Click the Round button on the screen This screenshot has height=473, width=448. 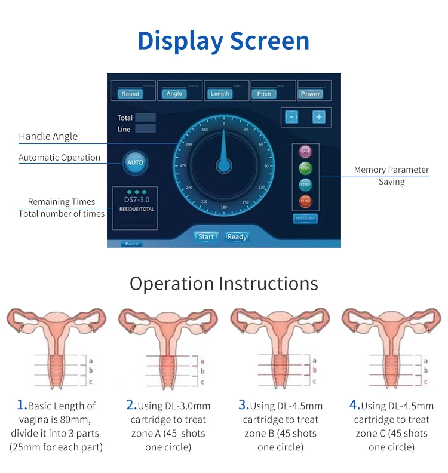click(x=130, y=94)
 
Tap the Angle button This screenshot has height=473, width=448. click(x=174, y=94)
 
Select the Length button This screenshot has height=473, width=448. click(x=219, y=94)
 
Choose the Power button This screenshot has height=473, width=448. click(x=310, y=94)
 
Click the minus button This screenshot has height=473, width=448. click(x=291, y=117)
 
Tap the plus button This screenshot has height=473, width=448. click(x=318, y=117)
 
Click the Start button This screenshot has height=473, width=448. click(x=206, y=237)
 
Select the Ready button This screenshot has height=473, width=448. click(x=237, y=237)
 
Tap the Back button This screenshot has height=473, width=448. click(x=131, y=244)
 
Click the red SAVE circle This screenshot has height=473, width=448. click(x=305, y=152)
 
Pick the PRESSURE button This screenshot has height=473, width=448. click(x=305, y=219)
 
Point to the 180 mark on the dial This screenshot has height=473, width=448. click(x=224, y=207)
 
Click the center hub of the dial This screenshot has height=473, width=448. click(x=224, y=165)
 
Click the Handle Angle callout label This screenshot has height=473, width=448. click(x=48, y=136)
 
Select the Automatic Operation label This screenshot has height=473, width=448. click(x=59, y=158)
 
